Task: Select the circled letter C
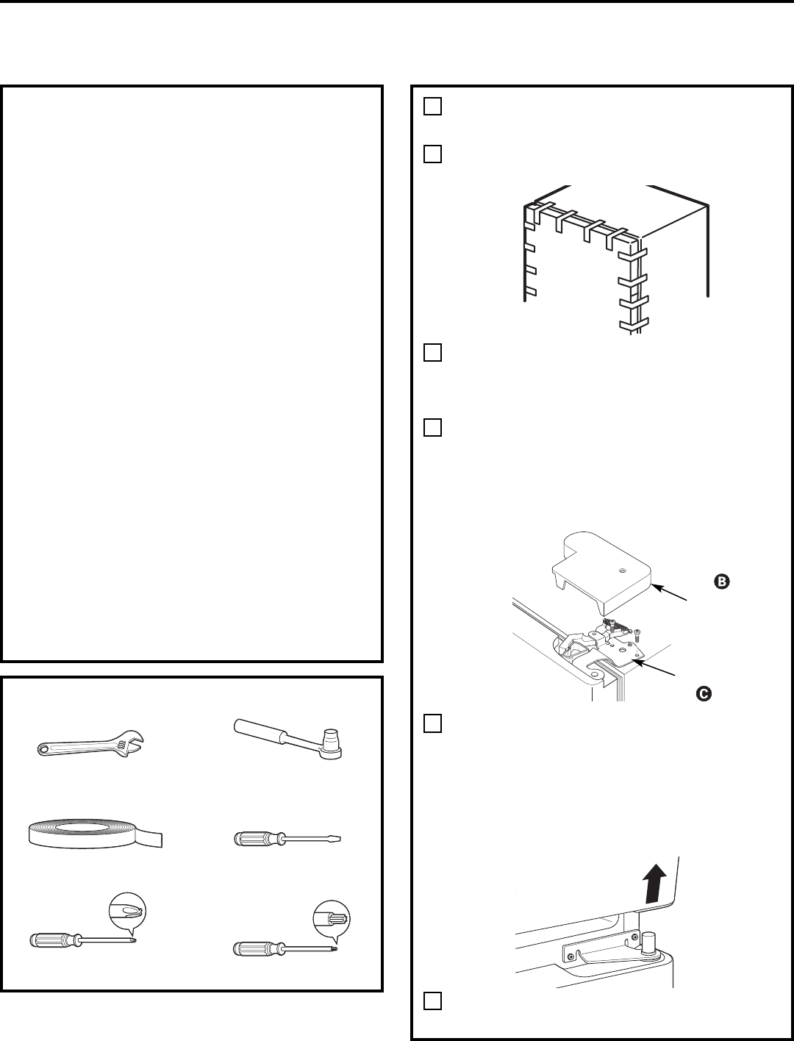[x=703, y=691]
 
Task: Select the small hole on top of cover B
[x=623, y=570]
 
